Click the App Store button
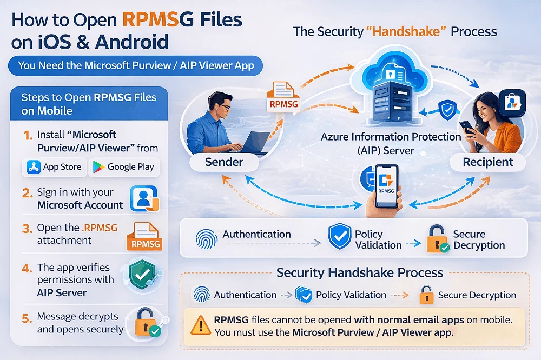pos(54,167)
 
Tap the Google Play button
pos(124,167)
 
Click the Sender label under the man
pos(224,162)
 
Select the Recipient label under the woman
pos(488,162)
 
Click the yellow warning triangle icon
pos(200,325)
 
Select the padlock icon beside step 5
pos(144,322)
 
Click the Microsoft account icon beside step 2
pos(144,198)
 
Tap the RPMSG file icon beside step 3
pos(143,237)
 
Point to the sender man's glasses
pos(222,107)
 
